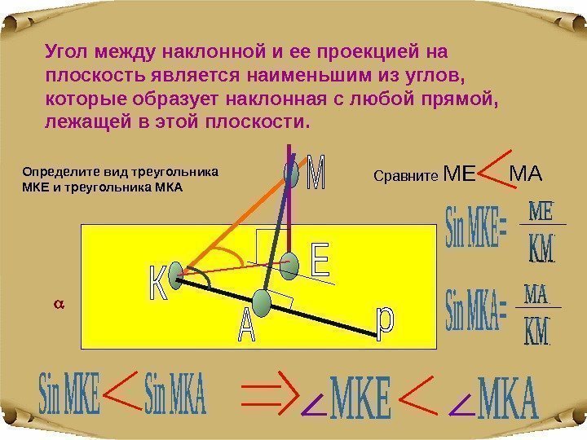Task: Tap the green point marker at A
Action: click(262, 302)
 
